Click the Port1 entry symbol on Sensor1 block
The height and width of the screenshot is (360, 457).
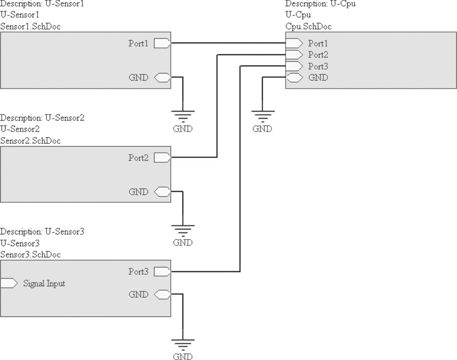pos(162,43)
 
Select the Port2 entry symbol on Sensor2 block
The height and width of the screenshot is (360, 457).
pos(162,158)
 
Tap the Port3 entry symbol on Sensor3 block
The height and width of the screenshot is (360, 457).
pos(162,271)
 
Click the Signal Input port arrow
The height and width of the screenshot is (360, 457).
pos(9,283)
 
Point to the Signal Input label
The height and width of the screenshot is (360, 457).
pos(44,284)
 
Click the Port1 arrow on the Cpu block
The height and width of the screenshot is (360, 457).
pos(294,43)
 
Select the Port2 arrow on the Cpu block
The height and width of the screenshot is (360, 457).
pos(294,55)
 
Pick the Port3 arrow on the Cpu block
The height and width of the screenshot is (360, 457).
pos(294,66)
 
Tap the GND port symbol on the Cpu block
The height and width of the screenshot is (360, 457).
pos(295,77)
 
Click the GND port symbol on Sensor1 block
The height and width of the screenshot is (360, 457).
pos(162,77)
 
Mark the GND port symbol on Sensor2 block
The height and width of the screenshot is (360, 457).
pos(162,192)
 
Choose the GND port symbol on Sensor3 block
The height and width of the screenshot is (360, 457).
pos(162,294)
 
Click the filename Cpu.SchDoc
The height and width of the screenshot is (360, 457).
pos(308,27)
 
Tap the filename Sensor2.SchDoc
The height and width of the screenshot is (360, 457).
pos(30,141)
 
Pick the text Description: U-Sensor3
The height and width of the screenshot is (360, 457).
pos(42,232)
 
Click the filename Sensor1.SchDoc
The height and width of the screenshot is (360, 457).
pos(30,27)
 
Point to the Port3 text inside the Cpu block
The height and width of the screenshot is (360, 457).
pos(318,66)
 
